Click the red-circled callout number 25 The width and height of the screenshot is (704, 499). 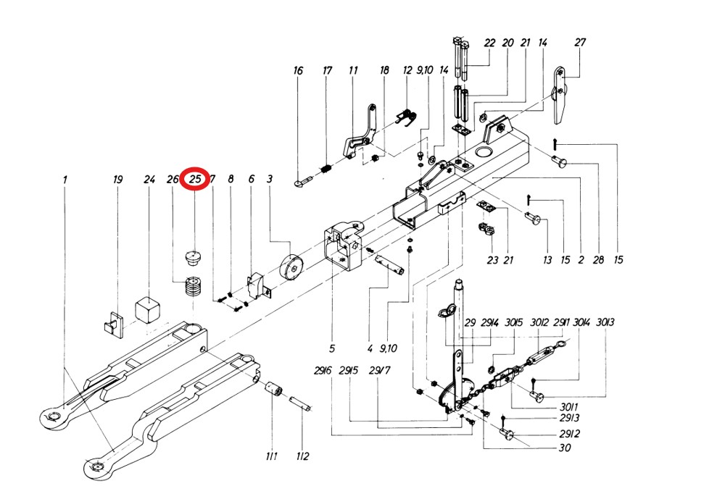(x=195, y=179)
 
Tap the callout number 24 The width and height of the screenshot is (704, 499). (x=149, y=180)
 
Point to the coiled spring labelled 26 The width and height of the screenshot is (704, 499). (x=193, y=288)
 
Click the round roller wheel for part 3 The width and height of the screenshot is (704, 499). (x=291, y=267)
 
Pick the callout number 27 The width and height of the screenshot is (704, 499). (x=580, y=43)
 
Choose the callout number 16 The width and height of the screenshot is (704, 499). (x=298, y=71)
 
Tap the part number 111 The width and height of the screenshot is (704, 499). (x=271, y=456)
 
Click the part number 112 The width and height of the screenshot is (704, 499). (x=302, y=456)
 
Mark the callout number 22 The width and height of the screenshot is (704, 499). (x=489, y=43)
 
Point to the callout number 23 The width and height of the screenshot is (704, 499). (x=492, y=260)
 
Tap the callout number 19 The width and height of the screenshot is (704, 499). (x=117, y=180)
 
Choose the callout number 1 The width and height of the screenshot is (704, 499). (x=65, y=180)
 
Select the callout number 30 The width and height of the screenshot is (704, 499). (x=565, y=448)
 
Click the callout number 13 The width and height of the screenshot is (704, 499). (x=547, y=260)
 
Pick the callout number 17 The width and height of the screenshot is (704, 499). (x=327, y=71)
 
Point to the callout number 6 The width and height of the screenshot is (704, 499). (x=252, y=180)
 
